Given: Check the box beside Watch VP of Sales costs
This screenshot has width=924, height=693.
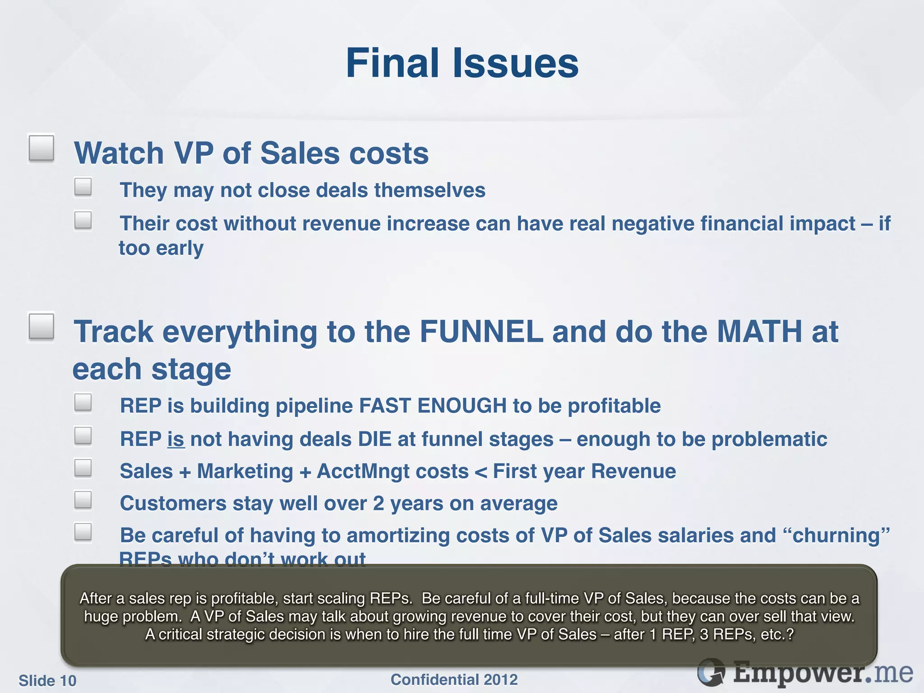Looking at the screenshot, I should pos(42,148).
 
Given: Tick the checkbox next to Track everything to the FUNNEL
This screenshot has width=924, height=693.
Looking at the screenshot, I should pos(42,326).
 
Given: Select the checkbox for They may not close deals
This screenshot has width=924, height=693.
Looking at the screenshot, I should pos(83,187).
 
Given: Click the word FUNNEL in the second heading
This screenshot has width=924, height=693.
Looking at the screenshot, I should pos(481,332).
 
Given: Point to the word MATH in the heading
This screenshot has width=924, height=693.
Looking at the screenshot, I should pos(759,332).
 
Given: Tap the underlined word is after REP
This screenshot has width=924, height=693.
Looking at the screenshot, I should pos(176,439).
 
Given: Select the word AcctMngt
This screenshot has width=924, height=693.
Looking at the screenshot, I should pos(393,471).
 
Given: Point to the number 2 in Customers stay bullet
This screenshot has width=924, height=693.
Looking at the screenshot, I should pos(379,504).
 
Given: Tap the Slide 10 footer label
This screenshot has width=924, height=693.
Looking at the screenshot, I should pos(47,680).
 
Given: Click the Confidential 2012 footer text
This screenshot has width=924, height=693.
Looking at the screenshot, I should pos(454,679).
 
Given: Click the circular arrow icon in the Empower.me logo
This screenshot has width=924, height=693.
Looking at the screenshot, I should pos(711,672).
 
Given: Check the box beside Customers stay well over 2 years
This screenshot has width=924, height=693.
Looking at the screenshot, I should pos(83,500).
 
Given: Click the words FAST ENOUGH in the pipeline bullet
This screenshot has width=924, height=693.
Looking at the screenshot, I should pos(433,406).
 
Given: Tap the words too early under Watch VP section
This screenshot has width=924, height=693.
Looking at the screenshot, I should pos(161,248).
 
